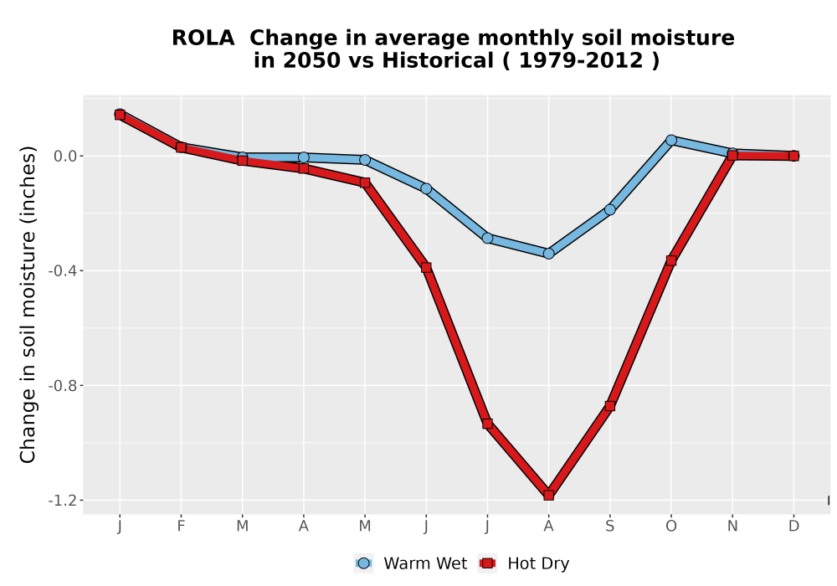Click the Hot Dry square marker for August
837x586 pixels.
tap(548, 495)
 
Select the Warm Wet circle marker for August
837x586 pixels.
tap(548, 254)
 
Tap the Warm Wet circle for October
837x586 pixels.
tap(671, 140)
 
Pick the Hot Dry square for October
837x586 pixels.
tap(671, 260)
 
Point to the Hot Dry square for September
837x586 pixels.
tap(609, 406)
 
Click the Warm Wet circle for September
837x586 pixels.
tap(609, 210)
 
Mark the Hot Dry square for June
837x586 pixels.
tap(426, 267)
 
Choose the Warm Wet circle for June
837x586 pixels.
tap(426, 188)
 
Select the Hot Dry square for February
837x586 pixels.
tap(181, 147)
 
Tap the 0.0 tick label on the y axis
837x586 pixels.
tap(65, 156)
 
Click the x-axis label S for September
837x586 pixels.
tap(609, 527)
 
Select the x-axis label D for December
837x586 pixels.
tap(793, 527)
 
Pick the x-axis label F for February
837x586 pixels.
tap(181, 527)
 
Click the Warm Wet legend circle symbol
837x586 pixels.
tap(363, 563)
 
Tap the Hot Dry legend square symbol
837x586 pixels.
tap(487, 563)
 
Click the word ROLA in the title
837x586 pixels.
tap(203, 39)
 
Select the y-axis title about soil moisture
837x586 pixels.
tap(28, 305)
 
